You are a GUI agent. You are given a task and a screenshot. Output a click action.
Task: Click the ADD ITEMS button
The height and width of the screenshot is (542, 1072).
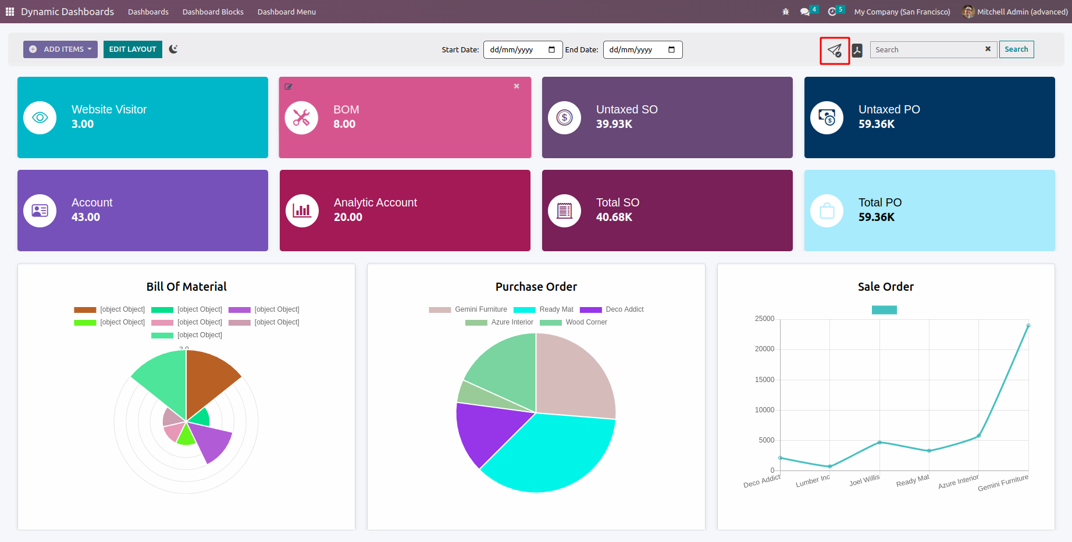tap(60, 49)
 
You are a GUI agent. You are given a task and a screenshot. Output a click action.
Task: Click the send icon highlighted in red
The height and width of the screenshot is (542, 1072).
tap(835, 51)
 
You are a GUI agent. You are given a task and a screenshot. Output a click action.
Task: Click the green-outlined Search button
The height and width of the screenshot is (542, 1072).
tap(1016, 49)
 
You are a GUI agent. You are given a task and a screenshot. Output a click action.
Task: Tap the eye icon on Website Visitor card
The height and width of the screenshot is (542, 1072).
tap(40, 117)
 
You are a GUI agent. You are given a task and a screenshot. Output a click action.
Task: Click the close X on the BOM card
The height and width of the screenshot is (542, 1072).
tap(517, 86)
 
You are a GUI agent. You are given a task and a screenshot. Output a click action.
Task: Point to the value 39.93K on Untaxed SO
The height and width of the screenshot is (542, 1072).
tap(614, 124)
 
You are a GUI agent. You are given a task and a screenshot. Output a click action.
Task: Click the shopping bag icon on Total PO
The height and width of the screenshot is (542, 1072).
tap(827, 211)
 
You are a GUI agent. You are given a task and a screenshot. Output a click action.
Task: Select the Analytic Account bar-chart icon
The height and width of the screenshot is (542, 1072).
tap(302, 211)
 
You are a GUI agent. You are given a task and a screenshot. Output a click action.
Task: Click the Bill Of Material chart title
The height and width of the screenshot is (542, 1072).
tap(187, 287)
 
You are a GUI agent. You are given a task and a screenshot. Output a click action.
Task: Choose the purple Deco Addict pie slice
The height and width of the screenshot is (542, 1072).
tap(486, 430)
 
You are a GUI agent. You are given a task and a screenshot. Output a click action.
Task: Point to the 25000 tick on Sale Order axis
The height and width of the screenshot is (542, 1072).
tap(764, 319)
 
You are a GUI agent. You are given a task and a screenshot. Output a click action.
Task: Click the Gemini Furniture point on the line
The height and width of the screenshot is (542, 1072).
tap(1028, 326)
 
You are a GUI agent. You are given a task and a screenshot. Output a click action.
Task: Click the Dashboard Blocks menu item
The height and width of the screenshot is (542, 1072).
tap(213, 12)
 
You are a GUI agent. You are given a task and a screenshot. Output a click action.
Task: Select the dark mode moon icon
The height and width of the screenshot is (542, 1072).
tap(173, 49)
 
